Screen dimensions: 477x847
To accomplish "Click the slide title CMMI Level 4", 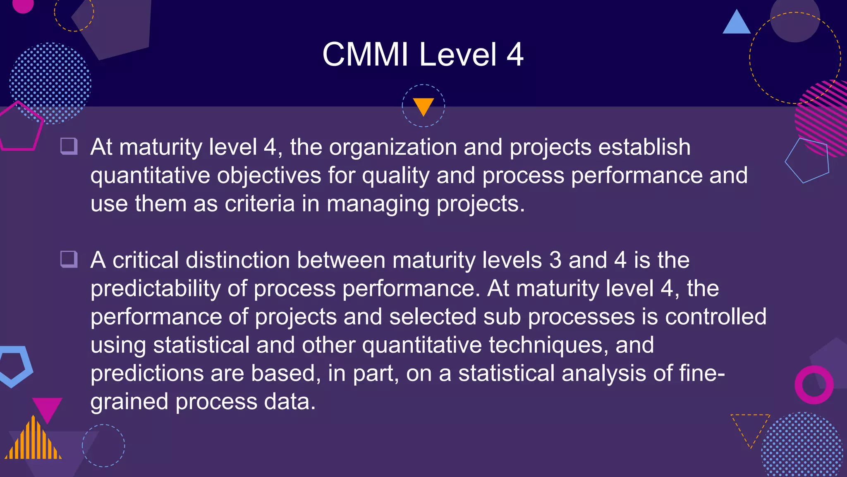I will (423, 54).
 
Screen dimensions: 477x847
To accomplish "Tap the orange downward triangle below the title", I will (423, 106).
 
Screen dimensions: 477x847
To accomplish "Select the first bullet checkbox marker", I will (69, 146).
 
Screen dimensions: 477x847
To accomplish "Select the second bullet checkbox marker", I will (69, 259).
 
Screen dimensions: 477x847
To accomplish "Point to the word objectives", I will (269, 176).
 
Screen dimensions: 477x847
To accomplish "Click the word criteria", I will (259, 204).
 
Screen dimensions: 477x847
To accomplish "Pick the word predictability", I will (156, 289).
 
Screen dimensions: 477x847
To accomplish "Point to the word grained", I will (129, 402).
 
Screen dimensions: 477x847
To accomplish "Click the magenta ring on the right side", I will (814, 385).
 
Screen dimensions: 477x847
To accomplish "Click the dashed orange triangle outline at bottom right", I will (750, 426).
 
